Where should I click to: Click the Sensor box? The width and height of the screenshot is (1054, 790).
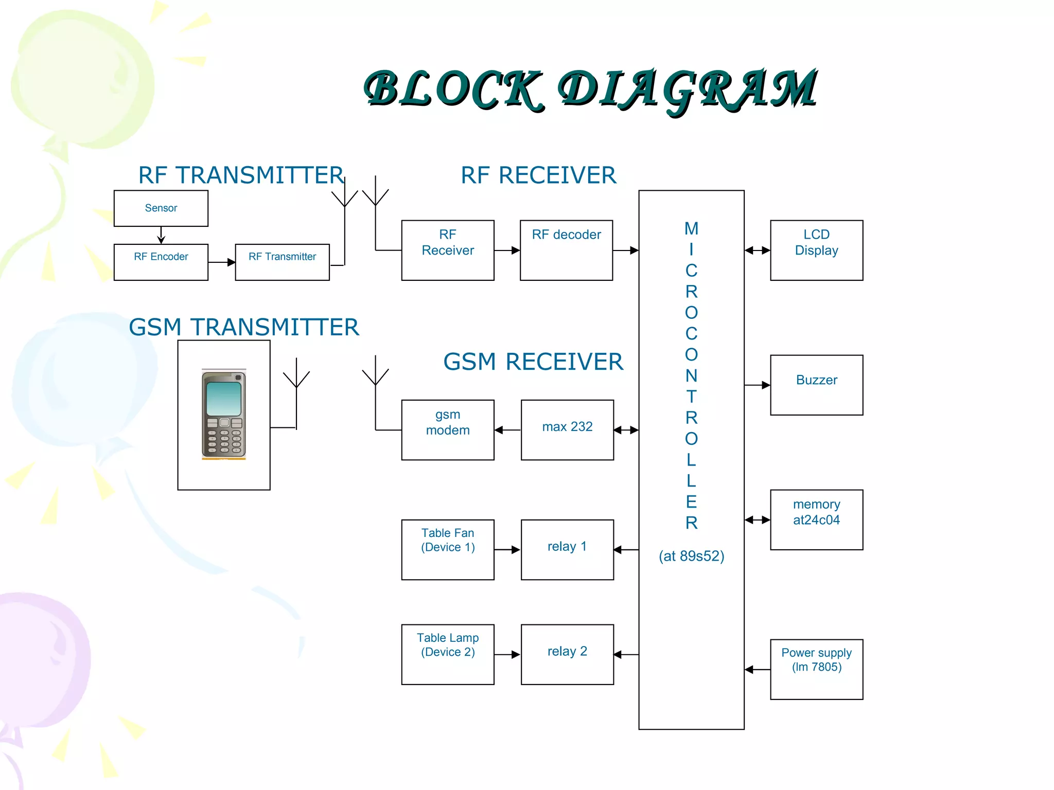161,208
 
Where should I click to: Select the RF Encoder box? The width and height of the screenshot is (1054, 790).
161,262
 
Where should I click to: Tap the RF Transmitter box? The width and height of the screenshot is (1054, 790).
282,262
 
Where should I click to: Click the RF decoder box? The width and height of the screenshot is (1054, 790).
566,250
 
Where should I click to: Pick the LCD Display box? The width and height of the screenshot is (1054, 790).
816,250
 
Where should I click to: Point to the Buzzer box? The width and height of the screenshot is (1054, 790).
816,385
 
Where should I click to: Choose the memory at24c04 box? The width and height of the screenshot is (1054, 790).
816,519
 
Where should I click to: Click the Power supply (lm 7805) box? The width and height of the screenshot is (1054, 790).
816,669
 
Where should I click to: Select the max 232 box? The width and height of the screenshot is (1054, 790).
567,429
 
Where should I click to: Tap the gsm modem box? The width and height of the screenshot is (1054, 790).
448,429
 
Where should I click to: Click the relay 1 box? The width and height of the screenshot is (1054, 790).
567,549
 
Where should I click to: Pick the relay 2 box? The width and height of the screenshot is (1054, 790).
567,654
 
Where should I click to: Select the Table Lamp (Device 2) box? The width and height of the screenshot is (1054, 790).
448,654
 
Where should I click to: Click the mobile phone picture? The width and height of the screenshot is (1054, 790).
224,414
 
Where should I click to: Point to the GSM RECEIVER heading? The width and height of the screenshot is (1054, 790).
533,362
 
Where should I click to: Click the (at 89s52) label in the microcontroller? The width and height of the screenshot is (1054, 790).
691,556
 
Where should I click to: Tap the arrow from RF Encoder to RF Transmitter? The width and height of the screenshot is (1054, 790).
222,262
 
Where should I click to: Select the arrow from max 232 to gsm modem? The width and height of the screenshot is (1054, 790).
507,430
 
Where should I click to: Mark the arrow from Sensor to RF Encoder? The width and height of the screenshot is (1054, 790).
161,235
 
